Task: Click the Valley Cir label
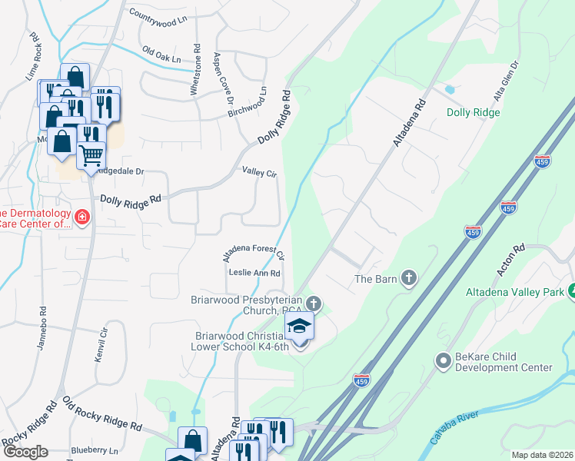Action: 259,173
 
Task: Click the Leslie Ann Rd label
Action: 254,273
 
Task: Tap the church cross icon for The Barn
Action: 408,277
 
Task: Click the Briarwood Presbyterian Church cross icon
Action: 313,303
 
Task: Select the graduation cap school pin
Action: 299,328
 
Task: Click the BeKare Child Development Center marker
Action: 442,360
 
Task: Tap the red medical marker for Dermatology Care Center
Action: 82,218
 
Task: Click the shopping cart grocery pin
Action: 91,156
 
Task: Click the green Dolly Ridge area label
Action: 474,112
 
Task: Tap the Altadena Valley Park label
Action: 514,292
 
